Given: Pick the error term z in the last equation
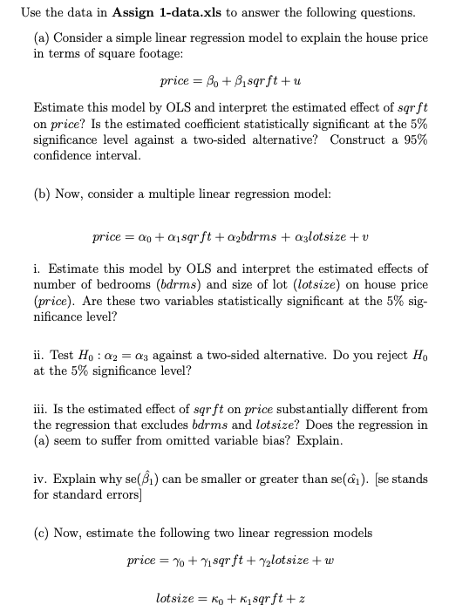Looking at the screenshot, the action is point(293,601).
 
